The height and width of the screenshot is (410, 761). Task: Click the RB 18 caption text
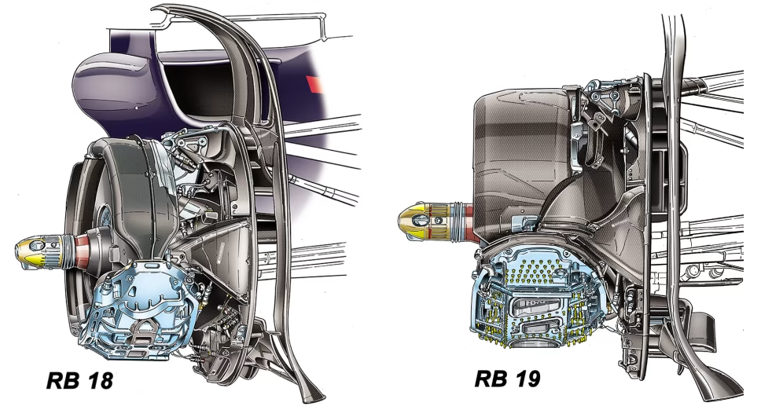click(x=79, y=380)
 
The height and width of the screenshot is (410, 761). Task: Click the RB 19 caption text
click(x=507, y=379)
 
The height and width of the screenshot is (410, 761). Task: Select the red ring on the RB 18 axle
click(x=81, y=252)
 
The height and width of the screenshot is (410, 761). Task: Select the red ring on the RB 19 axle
click(x=469, y=223)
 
